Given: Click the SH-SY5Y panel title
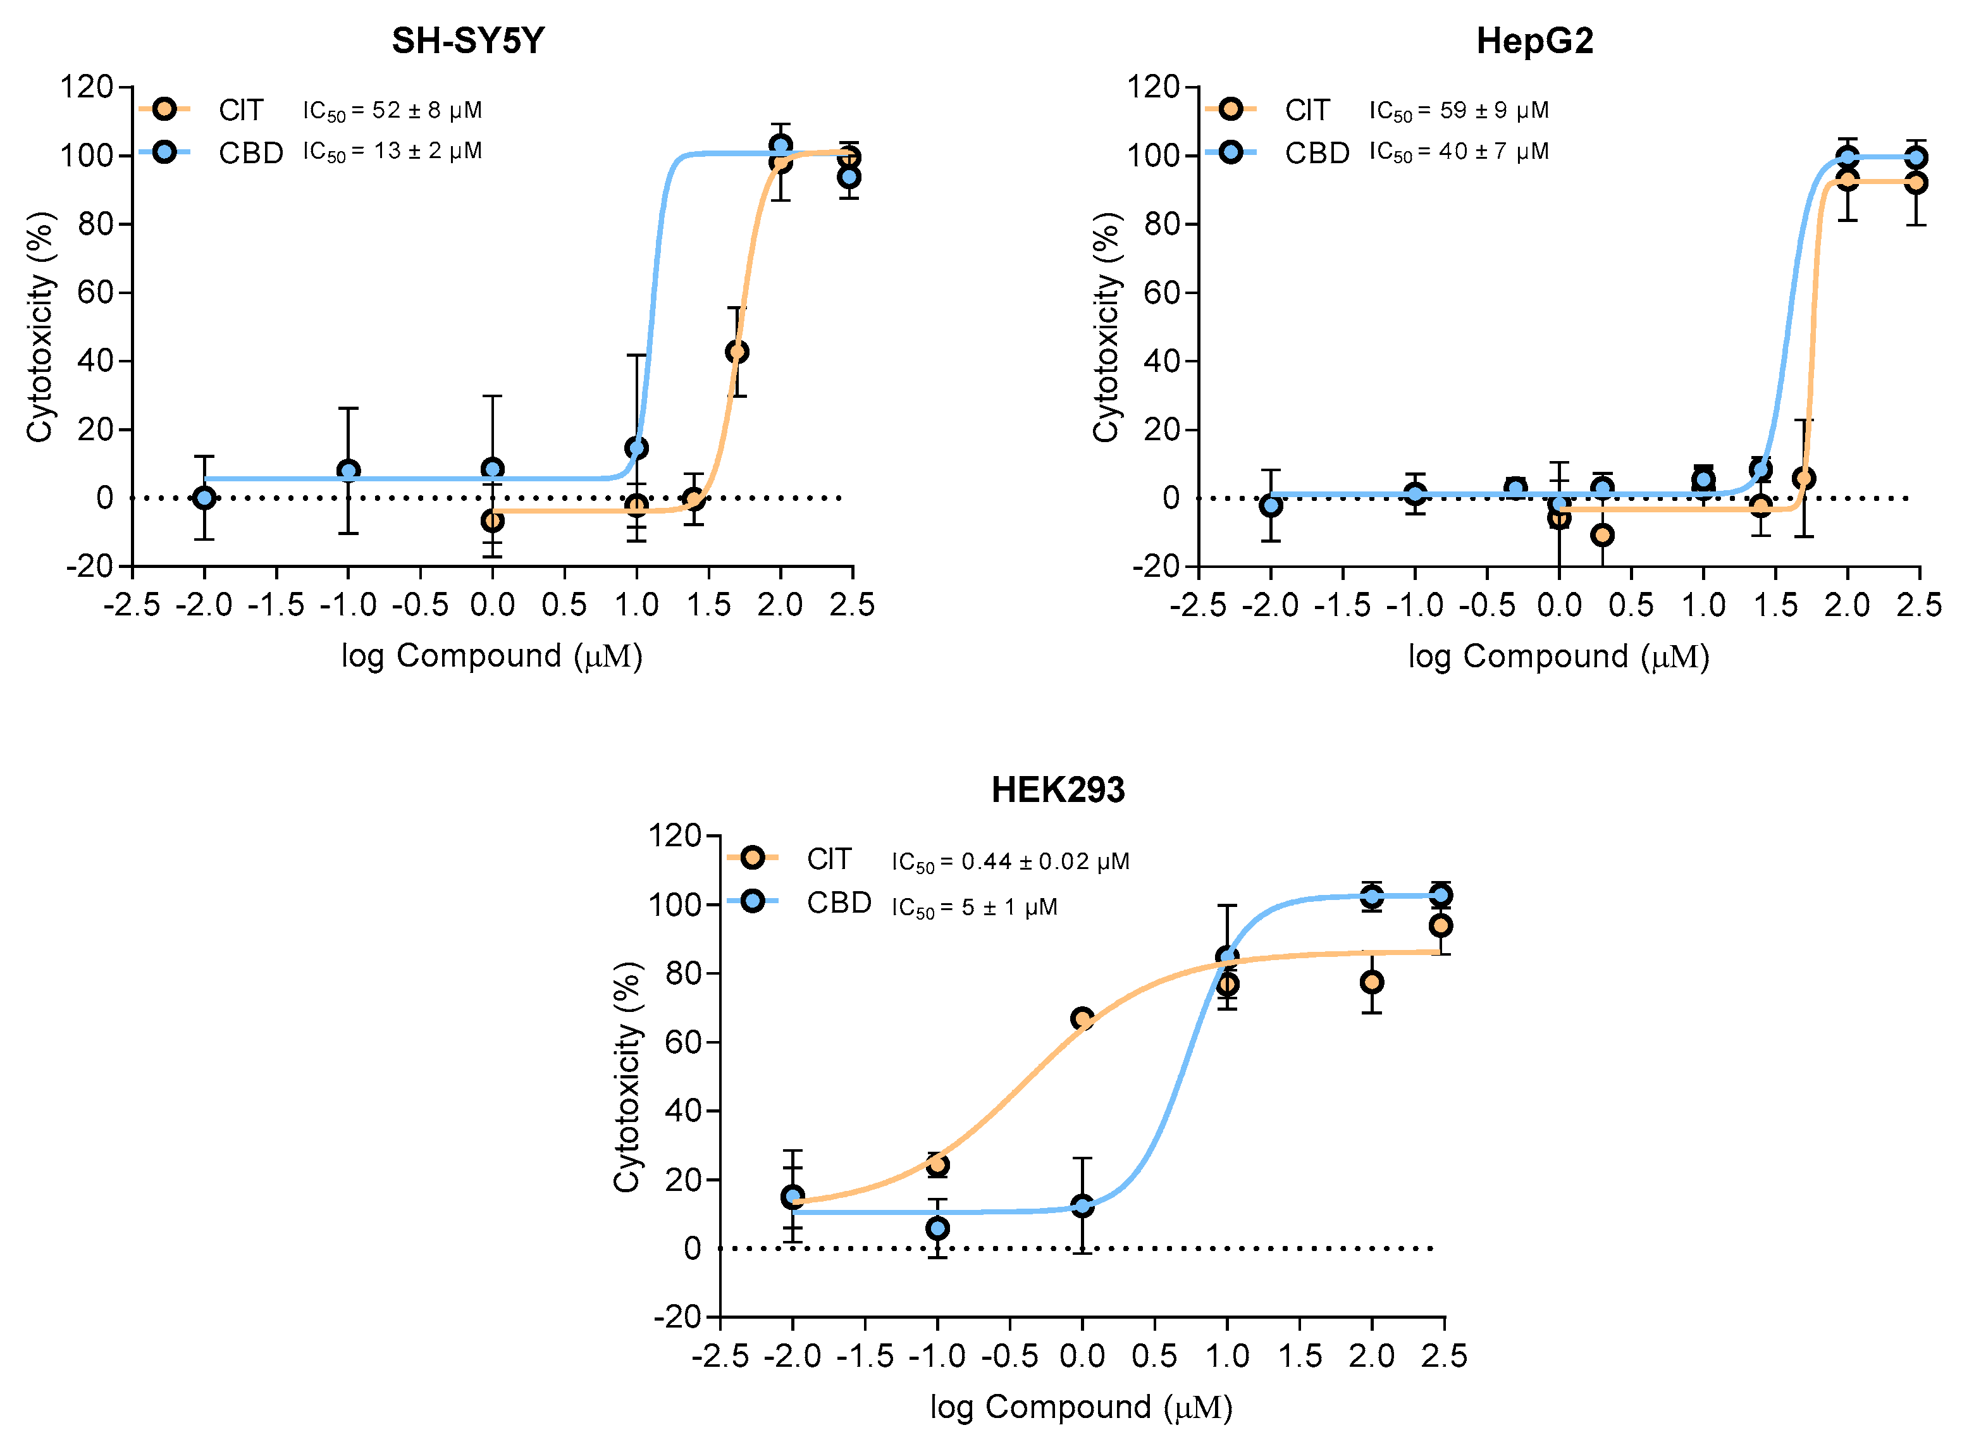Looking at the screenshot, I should click(467, 40).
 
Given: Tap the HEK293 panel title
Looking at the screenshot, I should click(1057, 789).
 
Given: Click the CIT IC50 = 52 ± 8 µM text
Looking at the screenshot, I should click(392, 111).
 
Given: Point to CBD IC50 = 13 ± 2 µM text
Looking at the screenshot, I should click(392, 152).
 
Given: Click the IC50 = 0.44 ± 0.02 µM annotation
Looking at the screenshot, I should click(1009, 861).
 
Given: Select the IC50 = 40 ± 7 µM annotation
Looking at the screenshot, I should click(1459, 152).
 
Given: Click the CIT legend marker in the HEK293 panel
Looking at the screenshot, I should click(751, 858).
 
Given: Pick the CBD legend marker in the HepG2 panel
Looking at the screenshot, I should click(1231, 152).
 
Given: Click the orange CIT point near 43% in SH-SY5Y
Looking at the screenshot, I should click(737, 352).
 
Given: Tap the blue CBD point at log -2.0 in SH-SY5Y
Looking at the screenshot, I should click(204, 498).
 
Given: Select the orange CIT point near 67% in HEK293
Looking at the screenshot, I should click(1082, 1018).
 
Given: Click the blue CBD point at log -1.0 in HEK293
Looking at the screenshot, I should click(937, 1228).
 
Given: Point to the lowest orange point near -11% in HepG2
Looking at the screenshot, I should click(1601, 535).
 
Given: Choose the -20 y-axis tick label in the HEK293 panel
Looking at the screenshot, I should click(677, 1317).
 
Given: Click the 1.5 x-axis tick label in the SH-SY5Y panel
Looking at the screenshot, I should click(708, 605).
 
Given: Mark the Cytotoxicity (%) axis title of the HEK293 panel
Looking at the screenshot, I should click(626, 1076).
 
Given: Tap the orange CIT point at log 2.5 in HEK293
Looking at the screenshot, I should click(1440, 925).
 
